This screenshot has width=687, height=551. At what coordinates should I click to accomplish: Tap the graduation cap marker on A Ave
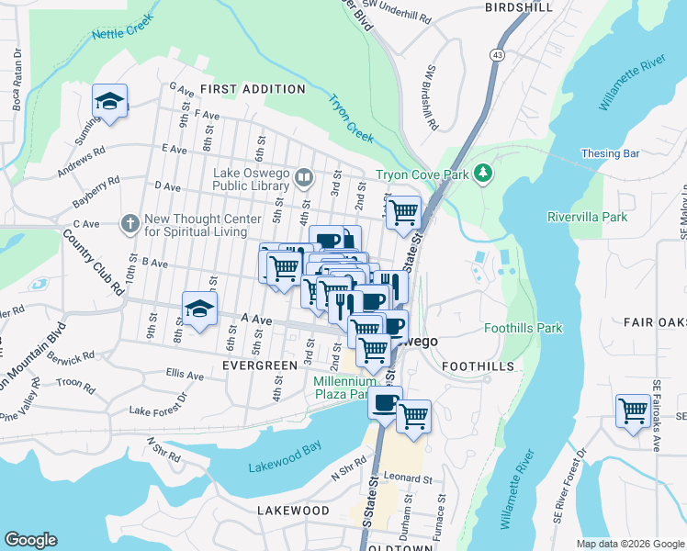coord(198,310)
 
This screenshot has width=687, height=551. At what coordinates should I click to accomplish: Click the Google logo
coord(30,540)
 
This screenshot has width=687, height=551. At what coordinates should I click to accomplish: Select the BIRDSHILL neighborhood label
coord(520,7)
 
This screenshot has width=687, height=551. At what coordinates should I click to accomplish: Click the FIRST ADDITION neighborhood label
coord(253,89)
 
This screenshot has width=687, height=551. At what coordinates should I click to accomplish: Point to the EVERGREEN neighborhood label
coord(260,365)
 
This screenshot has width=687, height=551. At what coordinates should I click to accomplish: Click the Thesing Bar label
coord(611,153)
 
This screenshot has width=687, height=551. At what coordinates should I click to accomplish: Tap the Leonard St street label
coord(407,478)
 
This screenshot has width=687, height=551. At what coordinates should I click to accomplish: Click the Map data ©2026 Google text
coord(629,544)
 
